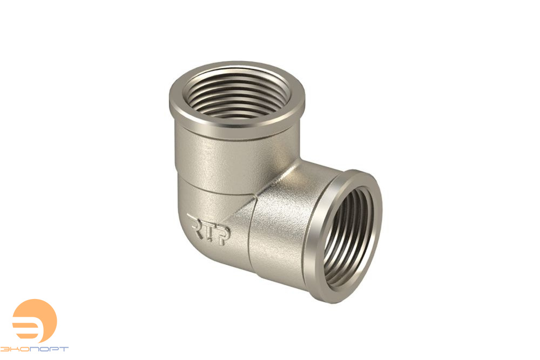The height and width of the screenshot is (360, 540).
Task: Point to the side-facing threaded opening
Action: click(348, 238)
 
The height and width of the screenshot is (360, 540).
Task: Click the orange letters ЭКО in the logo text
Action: click(15, 349)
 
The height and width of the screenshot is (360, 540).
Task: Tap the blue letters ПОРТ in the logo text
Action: click(49, 349)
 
